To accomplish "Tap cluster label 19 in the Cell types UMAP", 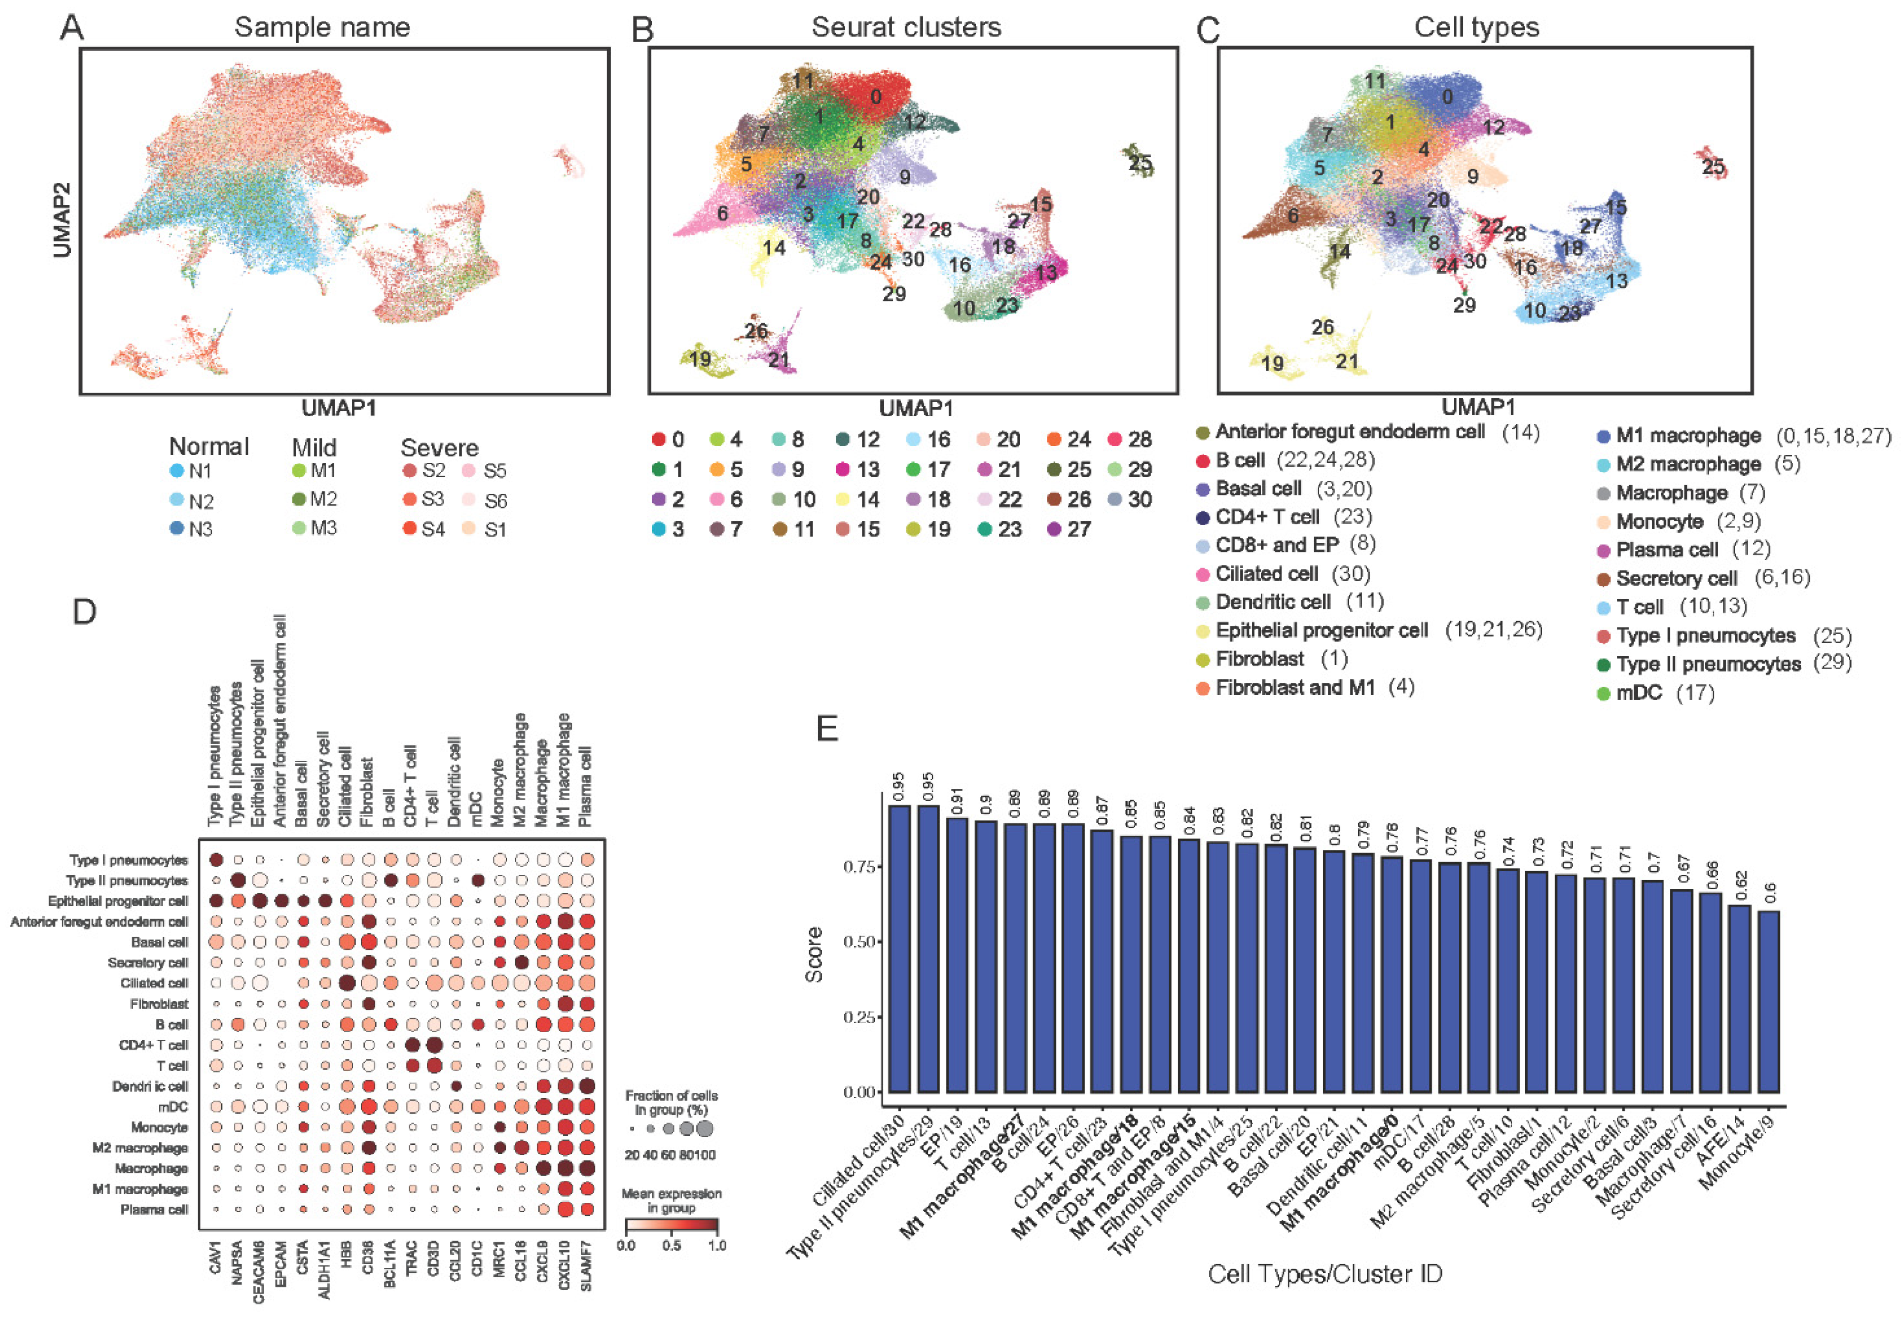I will [1272, 363].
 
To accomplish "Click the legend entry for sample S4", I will [423, 528].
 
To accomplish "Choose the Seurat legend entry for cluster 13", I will [858, 469].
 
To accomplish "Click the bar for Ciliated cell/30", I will [899, 948].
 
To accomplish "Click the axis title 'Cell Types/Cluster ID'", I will [1324, 1273].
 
